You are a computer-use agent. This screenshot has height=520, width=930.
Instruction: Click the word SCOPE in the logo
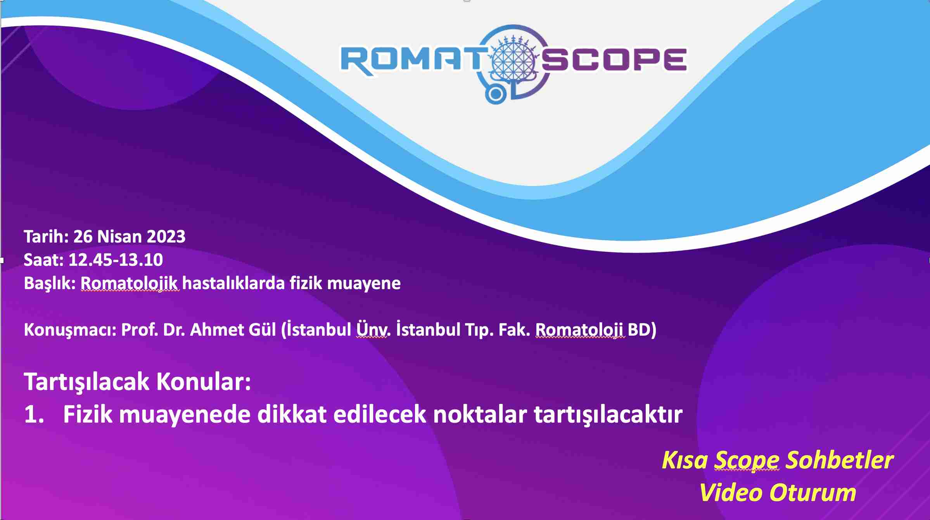614,60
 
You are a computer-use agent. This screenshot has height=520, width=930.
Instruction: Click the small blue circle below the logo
495,94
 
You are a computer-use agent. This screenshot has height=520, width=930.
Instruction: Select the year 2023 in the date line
166,236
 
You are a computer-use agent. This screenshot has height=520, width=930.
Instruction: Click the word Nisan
119,236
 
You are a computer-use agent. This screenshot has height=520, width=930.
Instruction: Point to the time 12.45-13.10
116,260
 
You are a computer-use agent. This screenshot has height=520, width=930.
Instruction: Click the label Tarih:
46,236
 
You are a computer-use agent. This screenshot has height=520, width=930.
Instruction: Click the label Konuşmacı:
70,330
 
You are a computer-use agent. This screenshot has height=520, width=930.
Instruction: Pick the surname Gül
262,329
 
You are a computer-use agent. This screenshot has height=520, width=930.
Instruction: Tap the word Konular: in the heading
204,381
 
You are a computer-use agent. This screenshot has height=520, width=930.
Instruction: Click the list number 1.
34,414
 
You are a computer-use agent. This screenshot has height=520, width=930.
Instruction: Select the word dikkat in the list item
292,414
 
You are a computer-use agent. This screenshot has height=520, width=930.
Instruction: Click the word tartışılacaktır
608,415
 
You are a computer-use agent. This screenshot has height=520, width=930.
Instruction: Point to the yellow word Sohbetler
840,460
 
